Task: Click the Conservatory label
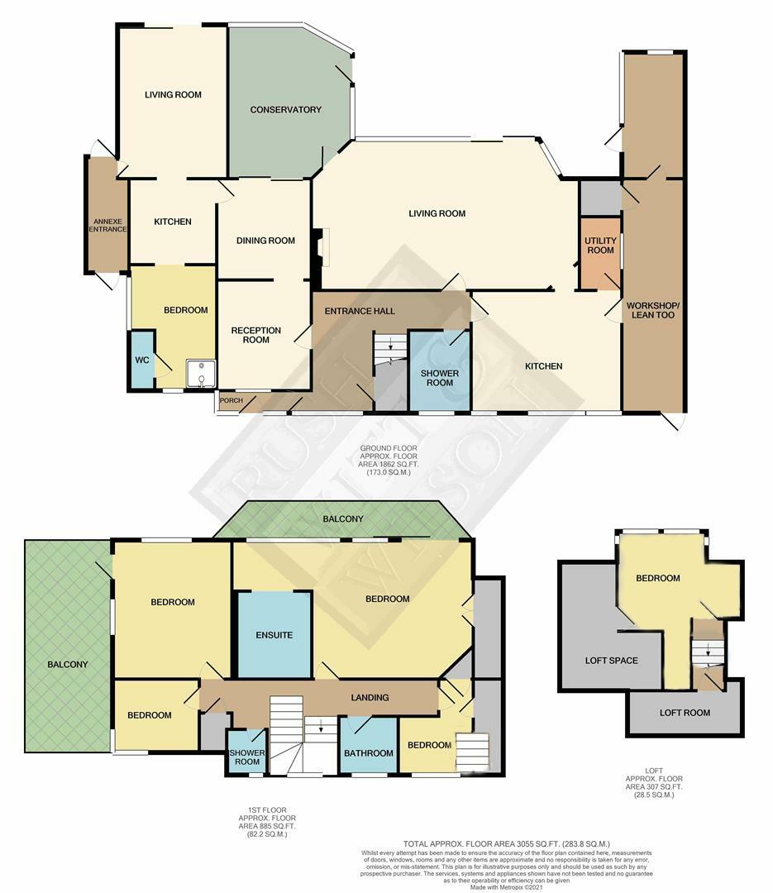coord(285,110)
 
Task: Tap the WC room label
coord(141,361)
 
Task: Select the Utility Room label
coord(600,245)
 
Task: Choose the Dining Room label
coord(265,241)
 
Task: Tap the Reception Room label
coord(255,335)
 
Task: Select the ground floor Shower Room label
coord(439,377)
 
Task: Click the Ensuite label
coord(274,636)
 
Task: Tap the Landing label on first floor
coord(370,698)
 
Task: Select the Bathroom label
coord(369,753)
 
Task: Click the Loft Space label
coord(611,661)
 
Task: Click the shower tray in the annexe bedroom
coord(201,374)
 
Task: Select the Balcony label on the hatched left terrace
coord(67,664)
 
